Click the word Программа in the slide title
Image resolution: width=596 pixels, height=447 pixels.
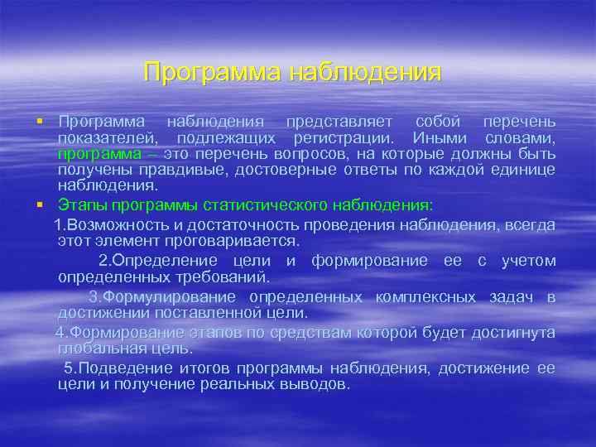(x=210, y=72)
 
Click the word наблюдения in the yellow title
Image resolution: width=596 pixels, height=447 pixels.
(x=365, y=72)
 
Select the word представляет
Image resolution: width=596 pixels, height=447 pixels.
(x=339, y=122)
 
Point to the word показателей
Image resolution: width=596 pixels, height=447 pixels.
(x=106, y=137)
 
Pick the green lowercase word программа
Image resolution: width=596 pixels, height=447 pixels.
(x=99, y=154)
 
